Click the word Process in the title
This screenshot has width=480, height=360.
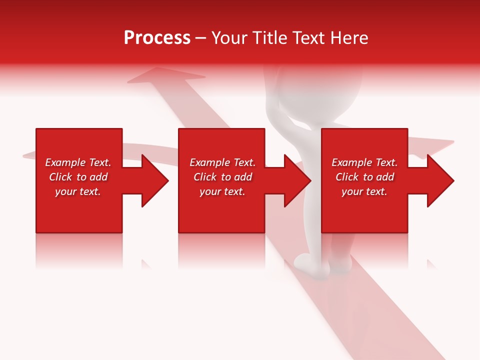coord(157,38)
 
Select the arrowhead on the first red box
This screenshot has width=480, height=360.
coord(152,180)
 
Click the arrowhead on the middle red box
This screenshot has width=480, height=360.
coord(295,180)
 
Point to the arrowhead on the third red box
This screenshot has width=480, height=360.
coord(438,180)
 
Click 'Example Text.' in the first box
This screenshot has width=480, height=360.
coord(78,162)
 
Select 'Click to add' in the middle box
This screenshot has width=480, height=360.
coord(222,177)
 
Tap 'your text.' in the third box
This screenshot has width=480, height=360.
coord(364,191)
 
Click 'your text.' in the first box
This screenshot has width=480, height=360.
coord(78,191)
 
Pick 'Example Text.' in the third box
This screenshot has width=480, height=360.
coord(364,162)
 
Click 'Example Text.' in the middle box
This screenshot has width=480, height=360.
coord(222,162)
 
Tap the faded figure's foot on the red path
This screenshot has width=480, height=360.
coord(306,261)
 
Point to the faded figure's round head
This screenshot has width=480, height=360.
coord(320,87)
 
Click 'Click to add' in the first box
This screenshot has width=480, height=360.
coord(78,177)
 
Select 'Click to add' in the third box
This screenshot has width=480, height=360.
coord(364,177)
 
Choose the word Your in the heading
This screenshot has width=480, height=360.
coord(229,38)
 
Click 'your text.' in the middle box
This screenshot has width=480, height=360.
coord(222,191)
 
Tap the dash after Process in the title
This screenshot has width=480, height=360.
coord(201,38)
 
